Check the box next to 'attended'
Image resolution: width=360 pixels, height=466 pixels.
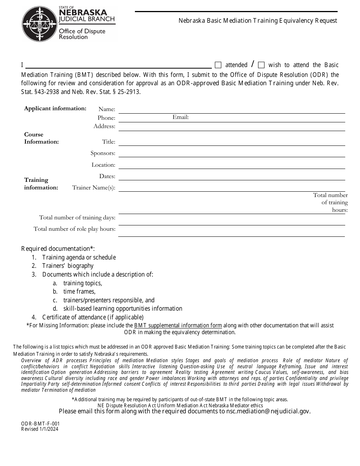[218, 65]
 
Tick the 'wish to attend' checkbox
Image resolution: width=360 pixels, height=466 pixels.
[261, 65]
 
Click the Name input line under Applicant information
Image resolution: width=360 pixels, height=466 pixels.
[231, 109]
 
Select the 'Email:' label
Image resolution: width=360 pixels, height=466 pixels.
[180, 117]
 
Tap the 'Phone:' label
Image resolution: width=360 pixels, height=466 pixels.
[106, 118]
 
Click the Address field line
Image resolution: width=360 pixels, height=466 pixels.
[231, 127]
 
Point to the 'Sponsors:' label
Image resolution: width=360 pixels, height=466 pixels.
[103, 153]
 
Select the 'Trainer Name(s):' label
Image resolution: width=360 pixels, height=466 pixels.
[94, 187]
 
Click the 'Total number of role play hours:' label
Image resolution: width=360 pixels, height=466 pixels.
[74, 229]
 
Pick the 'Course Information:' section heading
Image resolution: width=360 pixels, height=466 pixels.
[41, 138]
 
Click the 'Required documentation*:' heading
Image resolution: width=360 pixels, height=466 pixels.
[58, 249]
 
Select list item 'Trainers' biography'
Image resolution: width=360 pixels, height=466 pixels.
[67, 266]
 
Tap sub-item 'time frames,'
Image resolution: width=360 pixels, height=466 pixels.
[79, 291]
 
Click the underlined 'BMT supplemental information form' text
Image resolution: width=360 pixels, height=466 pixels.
[178, 325]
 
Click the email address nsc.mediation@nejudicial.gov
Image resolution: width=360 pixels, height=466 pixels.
[268, 411]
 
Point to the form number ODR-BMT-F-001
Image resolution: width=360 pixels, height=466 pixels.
[40, 424]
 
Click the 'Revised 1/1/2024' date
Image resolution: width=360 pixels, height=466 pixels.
[40, 429]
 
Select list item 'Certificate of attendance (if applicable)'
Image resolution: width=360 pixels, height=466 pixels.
[93, 317]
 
